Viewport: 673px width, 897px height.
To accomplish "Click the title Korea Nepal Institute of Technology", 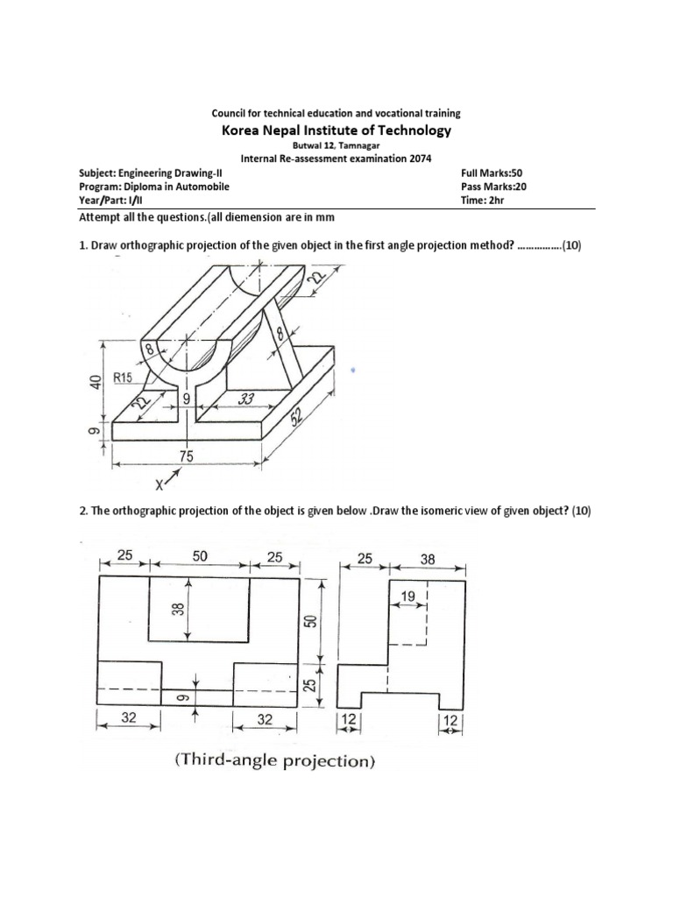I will [x=336, y=131].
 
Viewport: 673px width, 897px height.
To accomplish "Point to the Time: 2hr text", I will [x=478, y=200].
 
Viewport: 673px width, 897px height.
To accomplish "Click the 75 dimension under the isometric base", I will [x=187, y=456].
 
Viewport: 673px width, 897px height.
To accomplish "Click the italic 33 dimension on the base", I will [x=246, y=399].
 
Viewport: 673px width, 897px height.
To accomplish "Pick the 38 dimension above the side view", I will [x=427, y=557].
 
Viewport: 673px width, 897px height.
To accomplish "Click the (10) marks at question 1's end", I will [x=570, y=246].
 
